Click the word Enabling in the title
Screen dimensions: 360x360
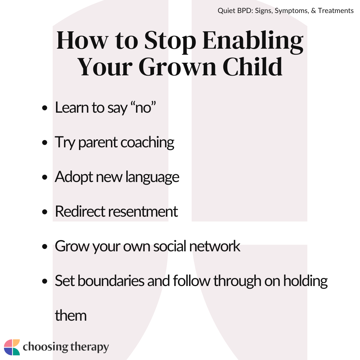click(x=253, y=41)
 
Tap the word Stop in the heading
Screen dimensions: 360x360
click(x=170, y=41)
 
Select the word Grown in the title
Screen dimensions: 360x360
click(x=177, y=67)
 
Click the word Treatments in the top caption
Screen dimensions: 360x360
click(x=336, y=11)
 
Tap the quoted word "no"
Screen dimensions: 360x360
click(x=143, y=107)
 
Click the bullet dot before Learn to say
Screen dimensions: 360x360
click(x=45, y=108)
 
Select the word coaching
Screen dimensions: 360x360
click(x=147, y=143)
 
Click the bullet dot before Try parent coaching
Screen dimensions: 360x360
click(x=45, y=142)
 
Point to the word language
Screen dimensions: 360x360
click(x=152, y=177)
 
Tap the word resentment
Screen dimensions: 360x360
click(x=143, y=211)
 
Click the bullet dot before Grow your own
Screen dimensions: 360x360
click(x=45, y=247)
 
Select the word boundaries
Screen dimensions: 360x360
click(x=111, y=281)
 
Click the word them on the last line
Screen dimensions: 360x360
click(x=71, y=315)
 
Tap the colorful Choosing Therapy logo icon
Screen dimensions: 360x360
click(x=12, y=347)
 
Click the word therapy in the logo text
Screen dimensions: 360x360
click(x=90, y=347)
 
